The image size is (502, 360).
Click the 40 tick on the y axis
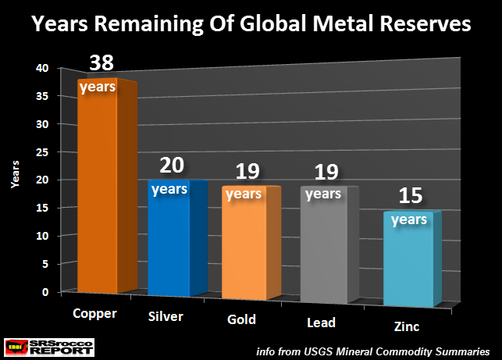coord(43,68)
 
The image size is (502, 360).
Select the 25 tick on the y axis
coord(43,152)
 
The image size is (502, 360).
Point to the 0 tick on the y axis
coord(46,292)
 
